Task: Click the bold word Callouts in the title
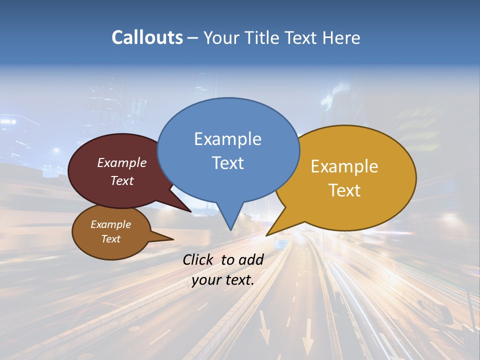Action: [x=147, y=37]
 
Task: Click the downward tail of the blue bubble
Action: [x=229, y=217]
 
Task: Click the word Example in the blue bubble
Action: [x=227, y=138]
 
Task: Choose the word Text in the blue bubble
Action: [x=228, y=162]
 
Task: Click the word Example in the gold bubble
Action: [x=344, y=166]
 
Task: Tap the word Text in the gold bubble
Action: [x=344, y=190]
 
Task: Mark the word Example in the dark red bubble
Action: [x=121, y=162]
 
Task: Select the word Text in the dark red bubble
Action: [x=121, y=180]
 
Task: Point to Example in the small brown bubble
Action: [x=110, y=224]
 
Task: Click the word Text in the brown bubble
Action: [x=110, y=239]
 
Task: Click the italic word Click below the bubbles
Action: [x=198, y=259]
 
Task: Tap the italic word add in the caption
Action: [x=251, y=259]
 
